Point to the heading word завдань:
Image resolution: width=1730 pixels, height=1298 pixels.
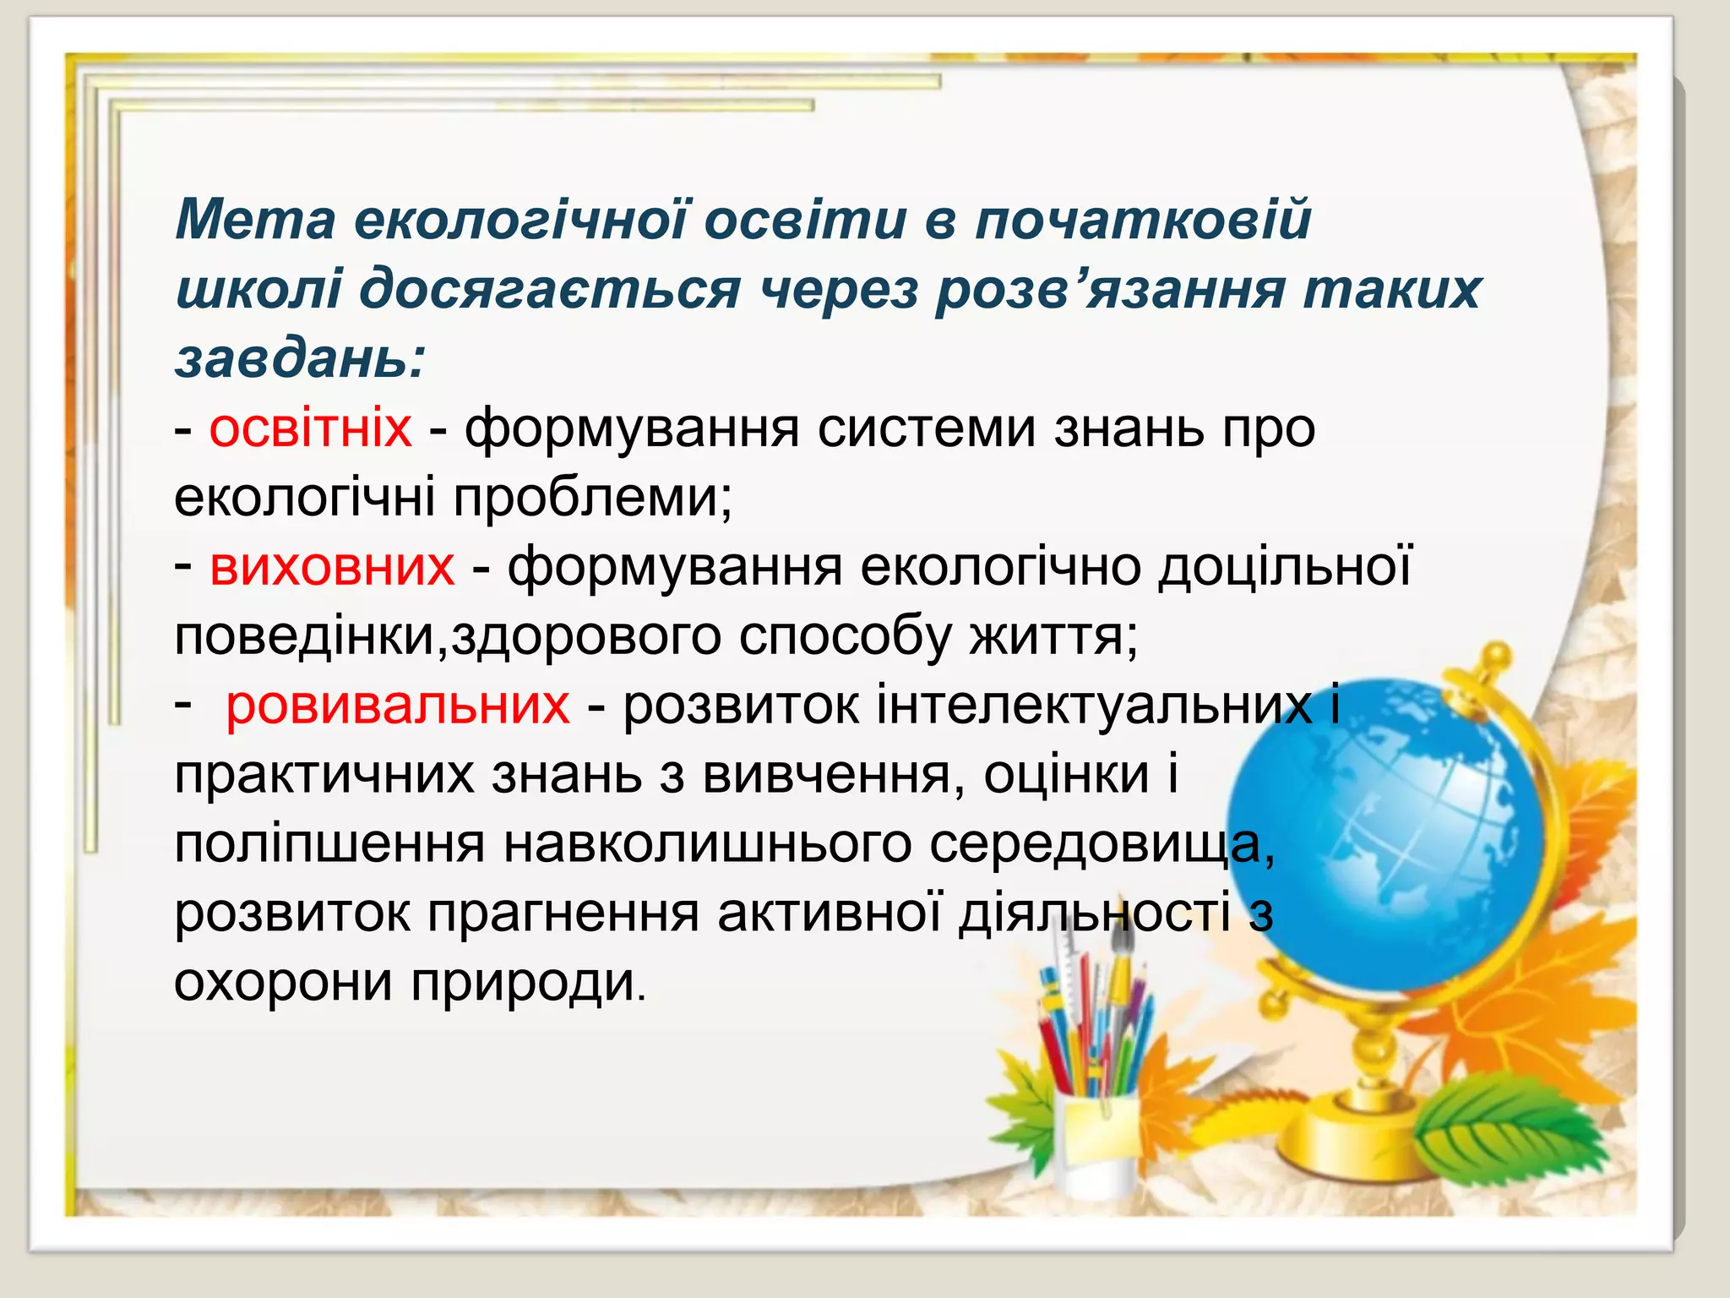pos(301,360)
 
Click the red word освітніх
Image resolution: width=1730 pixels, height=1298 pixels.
pos(311,428)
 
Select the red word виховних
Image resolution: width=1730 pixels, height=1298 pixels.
pos(332,566)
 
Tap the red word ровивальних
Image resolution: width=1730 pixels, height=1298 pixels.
pos(397,705)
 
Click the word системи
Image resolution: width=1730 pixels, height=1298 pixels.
pos(926,428)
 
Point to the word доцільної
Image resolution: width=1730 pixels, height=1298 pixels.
pos(1284,566)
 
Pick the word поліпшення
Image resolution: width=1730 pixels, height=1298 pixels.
pos(329,843)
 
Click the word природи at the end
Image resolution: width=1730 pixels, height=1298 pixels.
pos(529,982)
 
